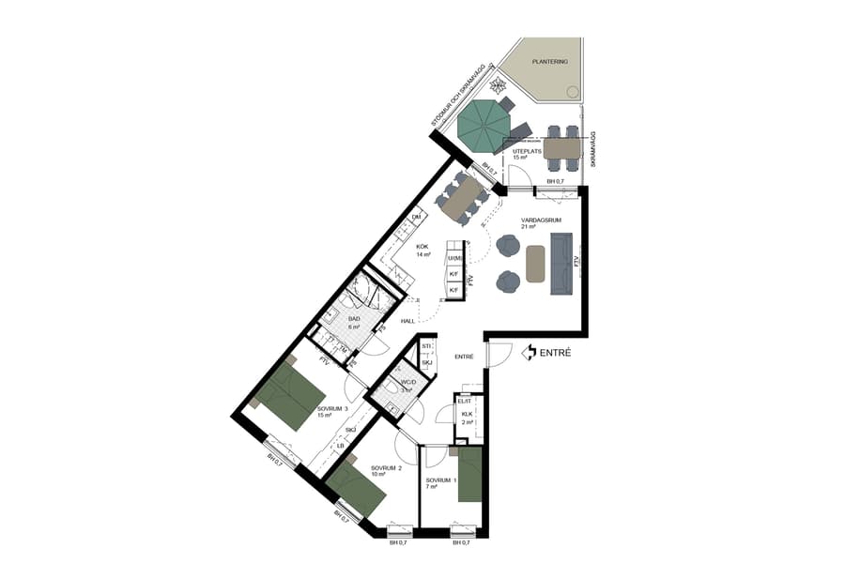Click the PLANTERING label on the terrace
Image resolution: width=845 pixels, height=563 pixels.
click(550, 61)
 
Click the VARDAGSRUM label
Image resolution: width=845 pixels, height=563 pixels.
click(541, 221)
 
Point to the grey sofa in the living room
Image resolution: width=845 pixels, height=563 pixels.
click(561, 264)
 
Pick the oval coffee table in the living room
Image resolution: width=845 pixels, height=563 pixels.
click(535, 263)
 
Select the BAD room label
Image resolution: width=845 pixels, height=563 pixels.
click(354, 319)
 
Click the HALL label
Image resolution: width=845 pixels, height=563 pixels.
click(408, 321)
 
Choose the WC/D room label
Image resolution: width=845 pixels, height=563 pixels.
click(407, 383)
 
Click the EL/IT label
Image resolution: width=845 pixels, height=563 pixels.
click(464, 402)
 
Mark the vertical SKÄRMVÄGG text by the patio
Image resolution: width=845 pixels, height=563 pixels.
click(593, 149)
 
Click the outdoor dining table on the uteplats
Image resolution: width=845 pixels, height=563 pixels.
click(562, 148)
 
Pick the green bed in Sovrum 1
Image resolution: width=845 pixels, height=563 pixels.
click(469, 474)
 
